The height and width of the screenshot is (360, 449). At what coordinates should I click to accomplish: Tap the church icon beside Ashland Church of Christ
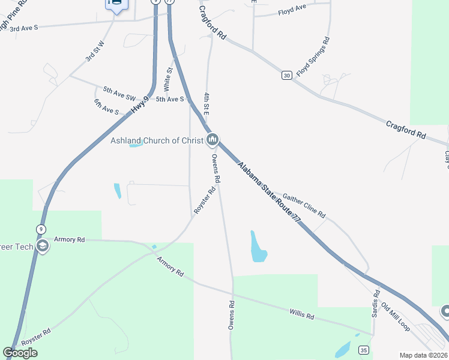click(212, 140)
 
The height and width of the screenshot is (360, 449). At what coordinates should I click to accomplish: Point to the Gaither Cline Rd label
click(304, 206)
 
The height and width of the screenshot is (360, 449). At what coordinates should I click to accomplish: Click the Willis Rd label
click(301, 314)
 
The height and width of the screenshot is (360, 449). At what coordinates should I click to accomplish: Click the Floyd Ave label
click(292, 11)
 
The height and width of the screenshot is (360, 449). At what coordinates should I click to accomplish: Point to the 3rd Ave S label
click(24, 28)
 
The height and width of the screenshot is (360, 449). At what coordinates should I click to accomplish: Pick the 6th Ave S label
click(106, 107)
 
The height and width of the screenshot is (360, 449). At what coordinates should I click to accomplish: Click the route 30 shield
click(286, 75)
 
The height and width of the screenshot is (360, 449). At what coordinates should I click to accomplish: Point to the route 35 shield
click(363, 350)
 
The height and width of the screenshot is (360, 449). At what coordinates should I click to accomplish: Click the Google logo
click(20, 353)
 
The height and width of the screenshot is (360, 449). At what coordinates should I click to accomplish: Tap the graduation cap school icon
click(42, 246)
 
